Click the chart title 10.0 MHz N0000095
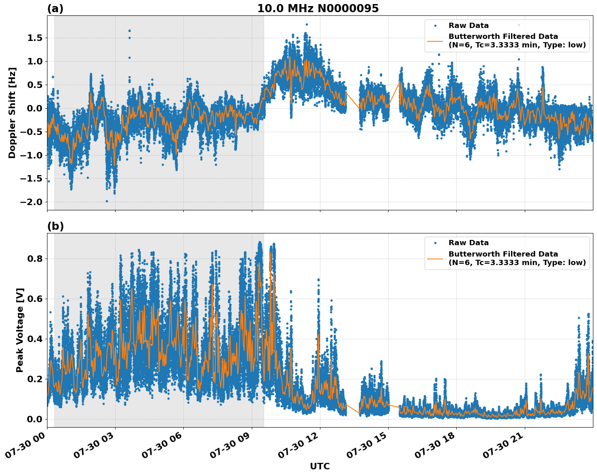coord(318,9)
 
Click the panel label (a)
coord(55,9)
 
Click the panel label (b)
coord(55,226)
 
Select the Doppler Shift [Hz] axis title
coord(12,113)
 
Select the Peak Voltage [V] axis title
coord(20,330)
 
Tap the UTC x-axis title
coord(320,466)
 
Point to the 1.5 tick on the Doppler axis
coord(35,38)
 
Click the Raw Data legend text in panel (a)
coord(468,26)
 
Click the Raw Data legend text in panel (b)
coord(468,243)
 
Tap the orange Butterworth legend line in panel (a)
coord(435,41)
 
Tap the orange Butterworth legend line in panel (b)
coord(435,258)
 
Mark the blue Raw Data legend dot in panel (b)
coord(435,243)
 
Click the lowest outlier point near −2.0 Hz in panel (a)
coord(107,201)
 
